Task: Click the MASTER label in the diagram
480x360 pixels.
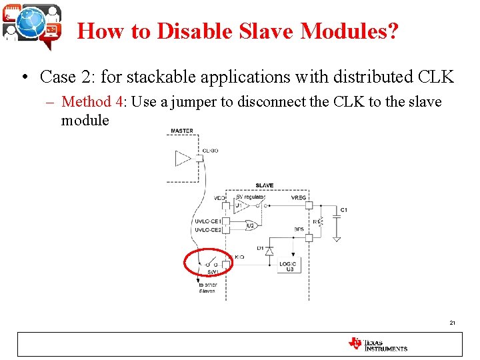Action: pyautogui.click(x=182, y=131)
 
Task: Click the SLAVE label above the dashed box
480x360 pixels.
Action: pyautogui.click(x=264, y=185)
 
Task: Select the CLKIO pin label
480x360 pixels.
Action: pyautogui.click(x=210, y=151)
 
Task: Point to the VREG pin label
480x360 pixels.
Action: pyautogui.click(x=299, y=197)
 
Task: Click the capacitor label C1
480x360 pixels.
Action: pyautogui.click(x=344, y=210)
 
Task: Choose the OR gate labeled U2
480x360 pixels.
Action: pyautogui.click(x=253, y=225)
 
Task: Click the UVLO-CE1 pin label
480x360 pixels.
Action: pyautogui.click(x=207, y=221)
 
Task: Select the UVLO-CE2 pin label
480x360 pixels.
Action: pyautogui.click(x=207, y=229)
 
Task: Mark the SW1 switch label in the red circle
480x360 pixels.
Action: pyautogui.click(x=213, y=271)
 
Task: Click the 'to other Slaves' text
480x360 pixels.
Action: pyautogui.click(x=207, y=288)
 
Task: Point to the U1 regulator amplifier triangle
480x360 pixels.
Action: pyautogui.click(x=242, y=206)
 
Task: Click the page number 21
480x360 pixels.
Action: pyautogui.click(x=453, y=323)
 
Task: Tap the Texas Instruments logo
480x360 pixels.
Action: pyautogui.click(x=377, y=344)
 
